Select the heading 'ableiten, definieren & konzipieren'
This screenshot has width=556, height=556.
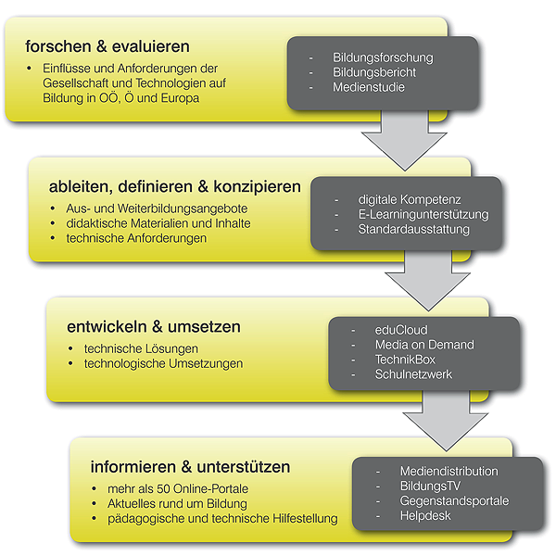pyautogui.click(x=174, y=186)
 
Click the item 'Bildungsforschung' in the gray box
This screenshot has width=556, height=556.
pyautogui.click(x=383, y=57)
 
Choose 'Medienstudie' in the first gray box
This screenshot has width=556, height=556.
pyautogui.click(x=369, y=87)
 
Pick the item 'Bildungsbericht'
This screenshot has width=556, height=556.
pyautogui.click(x=374, y=72)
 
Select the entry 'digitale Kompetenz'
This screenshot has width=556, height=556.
pyautogui.click(x=410, y=199)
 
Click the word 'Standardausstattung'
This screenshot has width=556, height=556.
pyautogui.click(x=414, y=229)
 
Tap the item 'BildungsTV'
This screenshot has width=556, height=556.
pyautogui.click(x=431, y=486)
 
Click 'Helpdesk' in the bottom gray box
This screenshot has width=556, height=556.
pyautogui.click(x=425, y=515)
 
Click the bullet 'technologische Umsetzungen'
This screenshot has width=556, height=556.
pyautogui.click(x=163, y=363)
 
